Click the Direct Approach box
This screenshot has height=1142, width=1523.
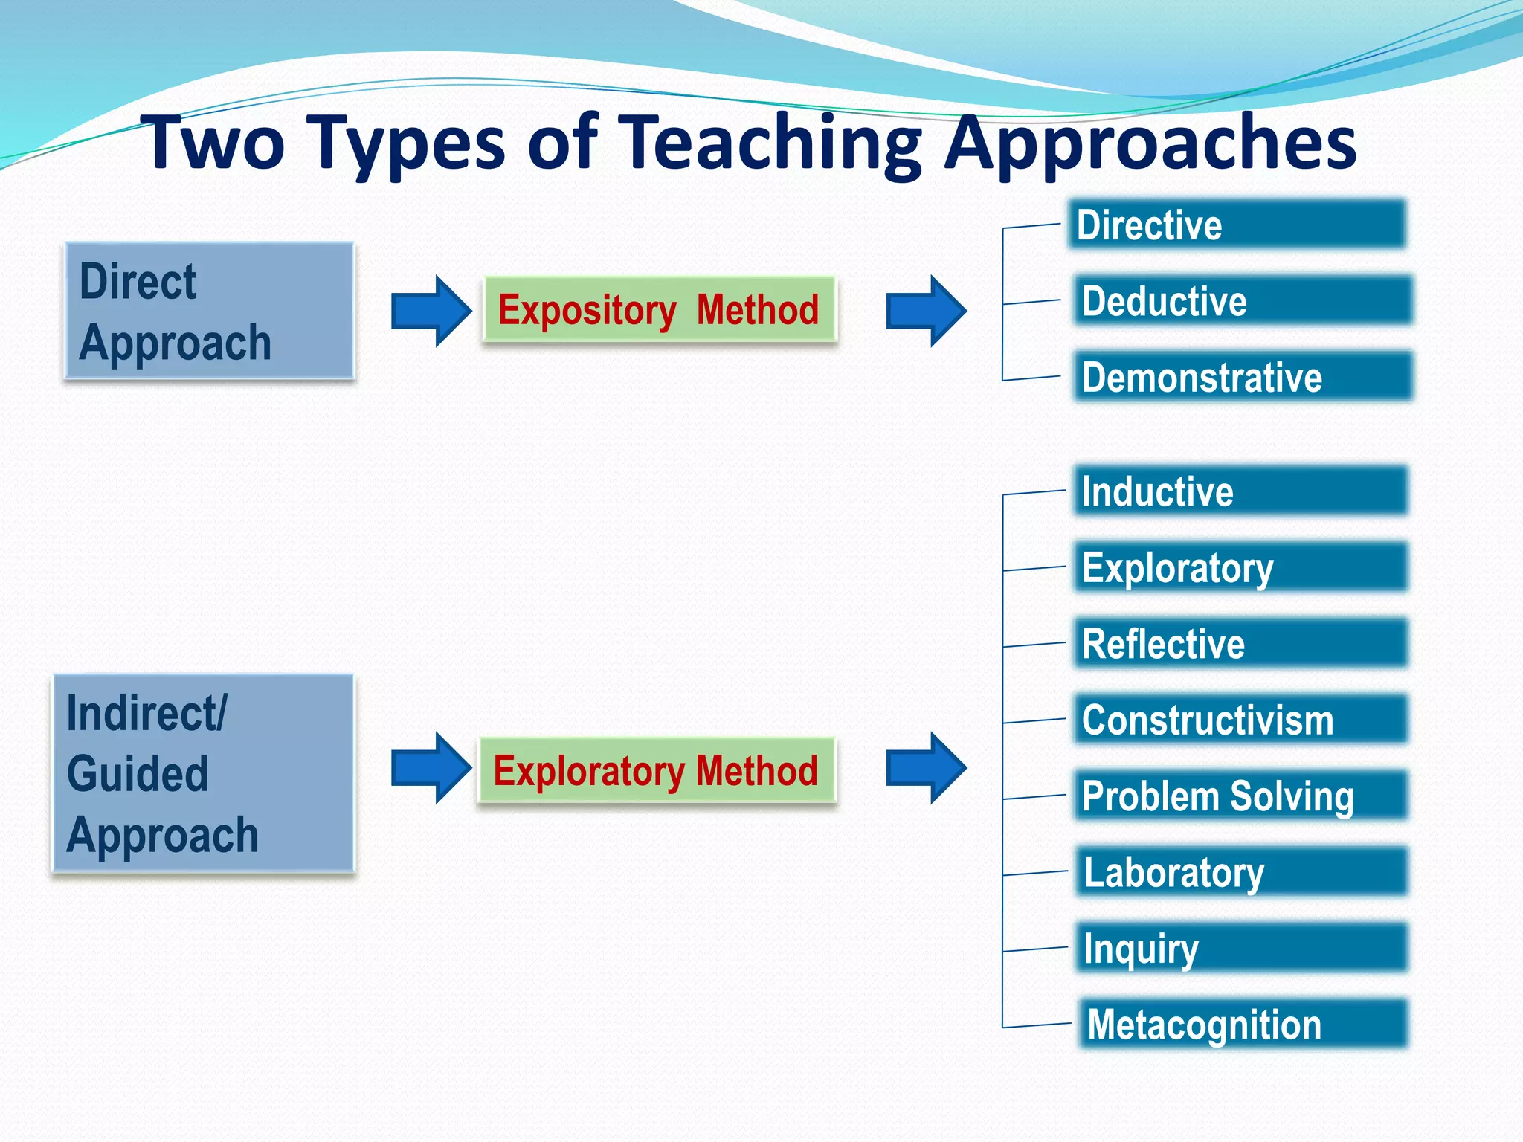(x=209, y=312)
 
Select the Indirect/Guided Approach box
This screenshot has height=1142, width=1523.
(x=203, y=773)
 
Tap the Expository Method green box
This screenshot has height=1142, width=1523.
(x=660, y=309)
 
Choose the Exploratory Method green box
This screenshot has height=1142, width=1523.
(x=657, y=770)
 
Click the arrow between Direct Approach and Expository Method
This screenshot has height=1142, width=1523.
(x=431, y=311)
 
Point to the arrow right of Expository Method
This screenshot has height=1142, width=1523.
(x=925, y=311)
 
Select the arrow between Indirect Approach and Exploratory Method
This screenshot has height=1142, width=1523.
(x=431, y=768)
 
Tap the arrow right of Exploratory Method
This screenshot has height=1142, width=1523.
(x=925, y=768)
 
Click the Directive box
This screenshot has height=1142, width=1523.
(x=1237, y=225)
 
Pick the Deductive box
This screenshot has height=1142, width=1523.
(x=1242, y=300)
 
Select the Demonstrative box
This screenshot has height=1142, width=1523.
(x=1242, y=377)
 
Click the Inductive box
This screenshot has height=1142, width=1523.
(x=1240, y=491)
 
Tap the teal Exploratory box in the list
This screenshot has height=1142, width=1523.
(x=1240, y=567)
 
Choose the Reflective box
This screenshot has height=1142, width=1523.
(x=1240, y=643)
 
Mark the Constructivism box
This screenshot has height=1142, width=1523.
(x=1240, y=719)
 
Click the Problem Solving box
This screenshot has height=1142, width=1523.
(x=1240, y=796)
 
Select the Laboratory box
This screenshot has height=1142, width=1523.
(x=1242, y=871)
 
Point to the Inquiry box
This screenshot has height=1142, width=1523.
(x=1242, y=948)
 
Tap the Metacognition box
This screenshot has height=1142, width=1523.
(x=1243, y=1024)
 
